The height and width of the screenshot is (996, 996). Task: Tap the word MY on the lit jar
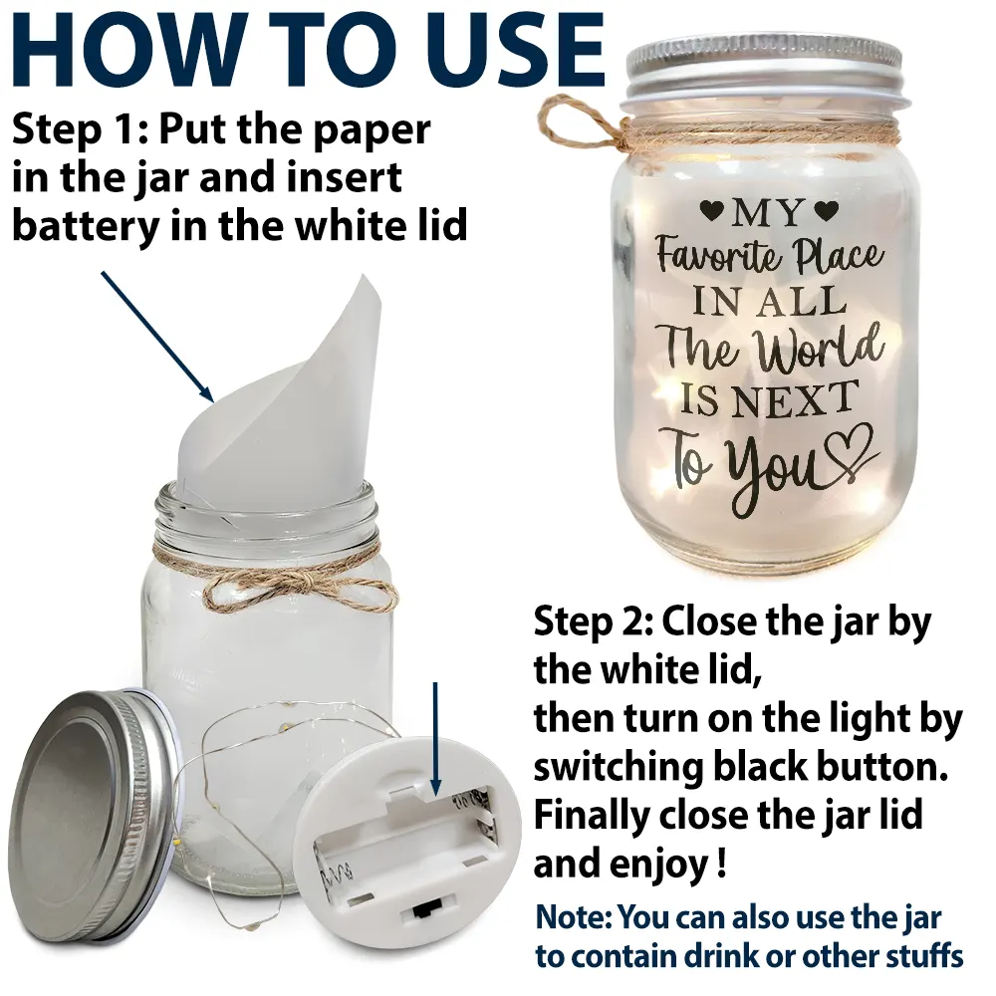[x=767, y=212]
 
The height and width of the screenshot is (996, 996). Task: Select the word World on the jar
[x=817, y=349]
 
